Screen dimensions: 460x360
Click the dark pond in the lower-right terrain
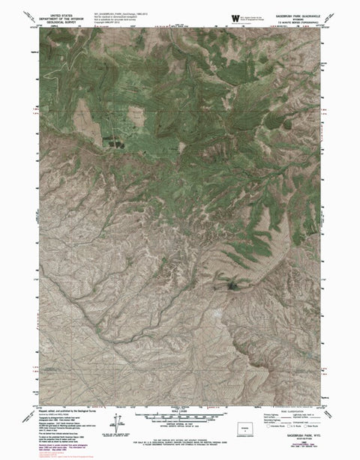click(229, 283)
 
